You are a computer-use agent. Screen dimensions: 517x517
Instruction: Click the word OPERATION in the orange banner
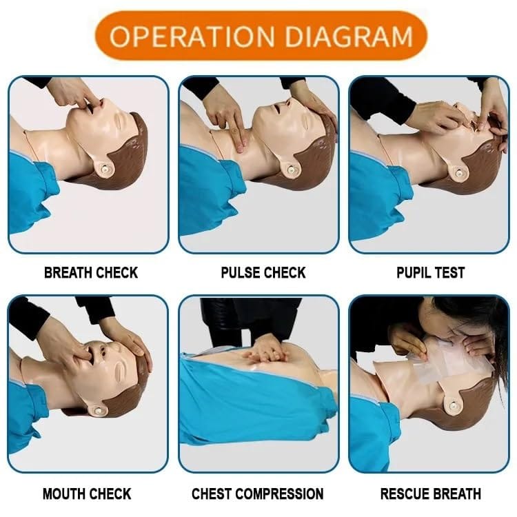click(192, 36)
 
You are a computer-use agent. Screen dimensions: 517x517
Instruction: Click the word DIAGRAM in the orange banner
click(349, 36)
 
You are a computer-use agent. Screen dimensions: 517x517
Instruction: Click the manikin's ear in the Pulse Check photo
click(291, 168)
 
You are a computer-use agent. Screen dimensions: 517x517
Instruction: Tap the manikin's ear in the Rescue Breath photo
click(454, 403)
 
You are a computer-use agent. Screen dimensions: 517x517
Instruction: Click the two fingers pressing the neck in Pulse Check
click(239, 134)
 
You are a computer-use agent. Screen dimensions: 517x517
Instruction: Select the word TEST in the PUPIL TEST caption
click(450, 273)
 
